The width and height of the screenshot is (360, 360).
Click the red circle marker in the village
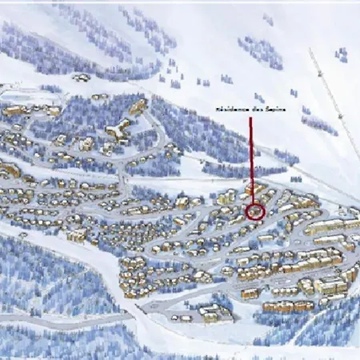tap(255, 211)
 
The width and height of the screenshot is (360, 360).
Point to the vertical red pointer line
tap(251, 160)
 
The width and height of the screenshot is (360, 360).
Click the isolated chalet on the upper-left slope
tap(81, 78)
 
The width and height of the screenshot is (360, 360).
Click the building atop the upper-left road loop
tap(138, 106)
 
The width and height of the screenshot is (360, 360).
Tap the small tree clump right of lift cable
tap(342, 54)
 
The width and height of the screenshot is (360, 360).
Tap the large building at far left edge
tap(8, 170)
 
